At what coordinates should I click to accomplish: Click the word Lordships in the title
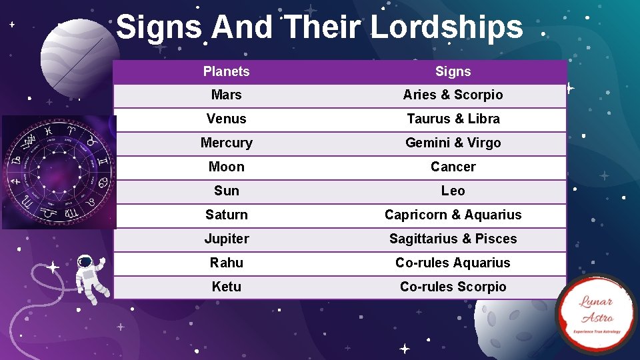446,27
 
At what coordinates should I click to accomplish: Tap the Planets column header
226,71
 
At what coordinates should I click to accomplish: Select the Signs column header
453,71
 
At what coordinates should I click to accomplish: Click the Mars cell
226,95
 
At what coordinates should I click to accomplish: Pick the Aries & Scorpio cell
453,95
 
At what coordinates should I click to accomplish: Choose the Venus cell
226,119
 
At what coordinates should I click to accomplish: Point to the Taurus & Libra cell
453,119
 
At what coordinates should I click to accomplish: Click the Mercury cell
226,143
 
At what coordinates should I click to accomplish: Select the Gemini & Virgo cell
453,143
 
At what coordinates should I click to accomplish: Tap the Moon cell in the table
226,167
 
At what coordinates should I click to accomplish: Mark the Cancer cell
453,167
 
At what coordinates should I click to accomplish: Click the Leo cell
453,191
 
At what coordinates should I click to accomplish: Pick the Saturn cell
226,215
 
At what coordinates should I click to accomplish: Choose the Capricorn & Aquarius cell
453,215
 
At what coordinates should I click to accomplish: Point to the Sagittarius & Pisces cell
453,239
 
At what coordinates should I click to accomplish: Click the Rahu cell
226,263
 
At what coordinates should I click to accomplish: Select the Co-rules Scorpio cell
453,287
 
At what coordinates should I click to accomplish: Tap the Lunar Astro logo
596,313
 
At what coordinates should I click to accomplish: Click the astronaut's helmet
85,263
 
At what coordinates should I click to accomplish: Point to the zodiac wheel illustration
59,172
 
